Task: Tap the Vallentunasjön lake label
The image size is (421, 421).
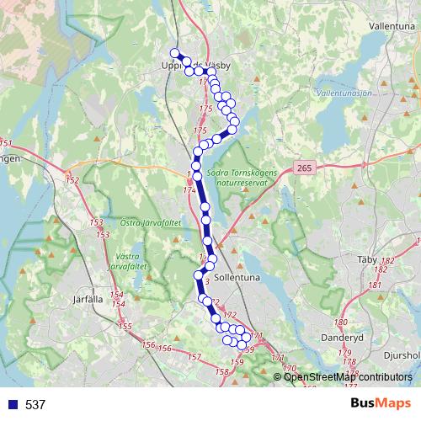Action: click(x=348, y=92)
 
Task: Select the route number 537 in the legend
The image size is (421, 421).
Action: click(x=35, y=405)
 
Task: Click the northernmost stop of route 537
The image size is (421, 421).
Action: click(x=175, y=53)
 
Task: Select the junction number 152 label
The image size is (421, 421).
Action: click(x=72, y=180)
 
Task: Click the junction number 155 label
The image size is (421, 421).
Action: click(x=125, y=326)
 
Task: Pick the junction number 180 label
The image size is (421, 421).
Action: click(x=341, y=322)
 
